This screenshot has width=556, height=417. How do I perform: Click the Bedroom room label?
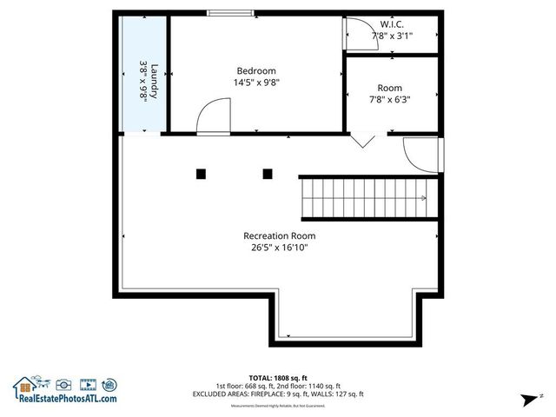(x=256, y=71)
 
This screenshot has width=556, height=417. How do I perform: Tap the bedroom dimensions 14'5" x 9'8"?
(x=256, y=83)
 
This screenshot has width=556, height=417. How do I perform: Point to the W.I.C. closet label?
(x=392, y=24)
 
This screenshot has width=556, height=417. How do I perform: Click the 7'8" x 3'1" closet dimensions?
(x=392, y=36)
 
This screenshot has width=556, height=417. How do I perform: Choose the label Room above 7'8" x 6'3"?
(x=389, y=88)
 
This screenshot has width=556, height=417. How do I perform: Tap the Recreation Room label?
(x=279, y=235)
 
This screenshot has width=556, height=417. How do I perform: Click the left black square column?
(x=201, y=174)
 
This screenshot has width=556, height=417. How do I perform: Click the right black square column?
(x=267, y=174)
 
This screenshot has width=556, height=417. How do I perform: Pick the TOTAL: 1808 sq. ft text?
(x=277, y=378)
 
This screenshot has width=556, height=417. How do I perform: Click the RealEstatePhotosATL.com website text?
(x=66, y=399)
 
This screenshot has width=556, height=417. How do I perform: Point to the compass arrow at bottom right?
(x=526, y=400)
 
